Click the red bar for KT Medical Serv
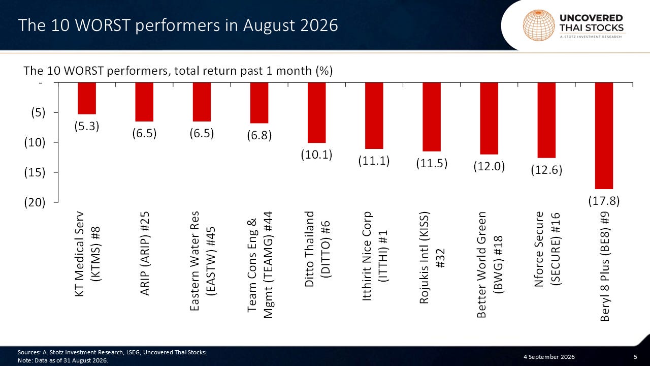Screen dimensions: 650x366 87,98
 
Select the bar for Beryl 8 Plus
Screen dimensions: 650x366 604,136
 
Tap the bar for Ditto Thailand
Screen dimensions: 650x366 316,113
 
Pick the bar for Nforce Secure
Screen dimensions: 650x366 546,120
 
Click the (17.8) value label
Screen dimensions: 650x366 604,201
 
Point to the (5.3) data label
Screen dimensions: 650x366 87,126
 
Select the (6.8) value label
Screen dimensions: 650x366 259,135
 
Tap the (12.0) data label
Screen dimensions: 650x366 489,166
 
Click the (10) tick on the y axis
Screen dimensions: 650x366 35,143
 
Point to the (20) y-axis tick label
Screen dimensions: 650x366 35,202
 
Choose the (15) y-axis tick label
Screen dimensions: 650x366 35,172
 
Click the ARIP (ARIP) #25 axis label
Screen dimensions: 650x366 145,253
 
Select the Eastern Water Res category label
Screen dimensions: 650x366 203,261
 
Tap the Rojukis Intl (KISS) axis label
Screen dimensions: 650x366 432,258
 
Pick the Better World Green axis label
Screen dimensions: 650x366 490,264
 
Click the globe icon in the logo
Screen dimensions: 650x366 539,25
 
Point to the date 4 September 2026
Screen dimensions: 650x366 549,357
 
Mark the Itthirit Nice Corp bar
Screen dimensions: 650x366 374,115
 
